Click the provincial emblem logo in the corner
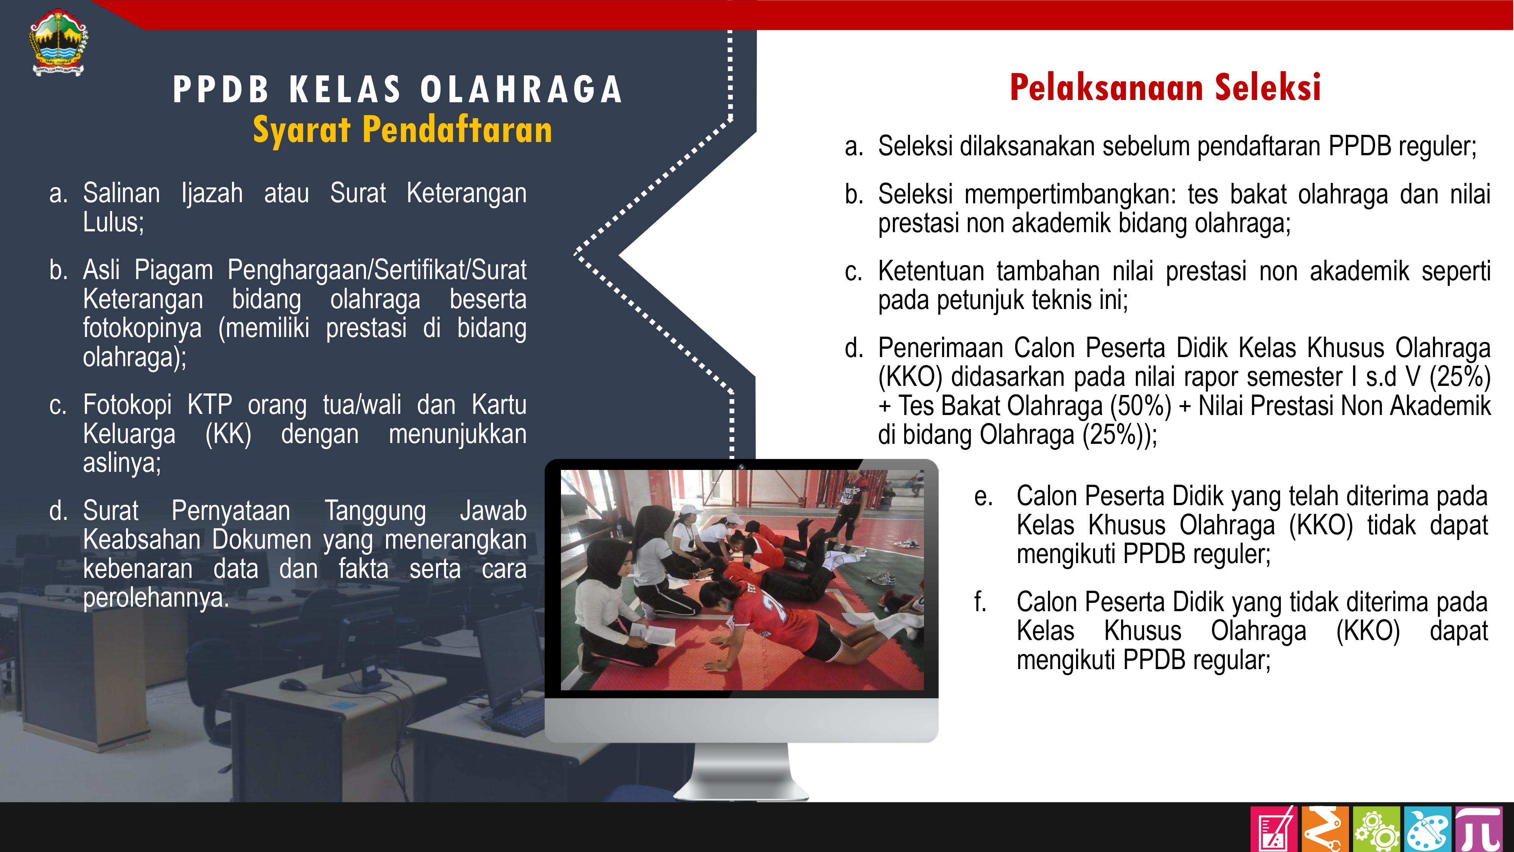pyautogui.click(x=59, y=42)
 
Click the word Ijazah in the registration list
pyautogui.click(x=212, y=194)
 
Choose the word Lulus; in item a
pyautogui.click(x=114, y=222)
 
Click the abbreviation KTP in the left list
pyautogui.click(x=210, y=405)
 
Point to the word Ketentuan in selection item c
pyautogui.click(x=931, y=271)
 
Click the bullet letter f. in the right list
pyautogui.click(x=980, y=602)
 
